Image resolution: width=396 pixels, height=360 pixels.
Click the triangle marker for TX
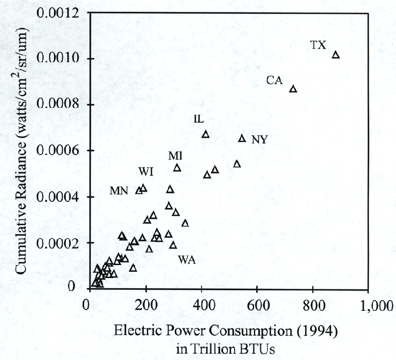click(x=335, y=55)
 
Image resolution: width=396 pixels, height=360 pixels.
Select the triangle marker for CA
click(x=293, y=89)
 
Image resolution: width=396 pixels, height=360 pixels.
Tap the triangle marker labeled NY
click(x=242, y=138)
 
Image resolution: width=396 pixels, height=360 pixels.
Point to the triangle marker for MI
click(x=177, y=168)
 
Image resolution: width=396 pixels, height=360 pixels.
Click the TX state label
click(x=318, y=45)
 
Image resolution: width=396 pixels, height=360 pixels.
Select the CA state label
click(x=274, y=81)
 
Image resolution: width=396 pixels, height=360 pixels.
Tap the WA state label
click(x=187, y=260)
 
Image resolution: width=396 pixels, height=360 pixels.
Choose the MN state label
click(x=119, y=191)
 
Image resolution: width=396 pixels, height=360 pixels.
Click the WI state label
click(x=146, y=171)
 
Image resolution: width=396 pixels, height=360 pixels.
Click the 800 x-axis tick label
click(x=313, y=306)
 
